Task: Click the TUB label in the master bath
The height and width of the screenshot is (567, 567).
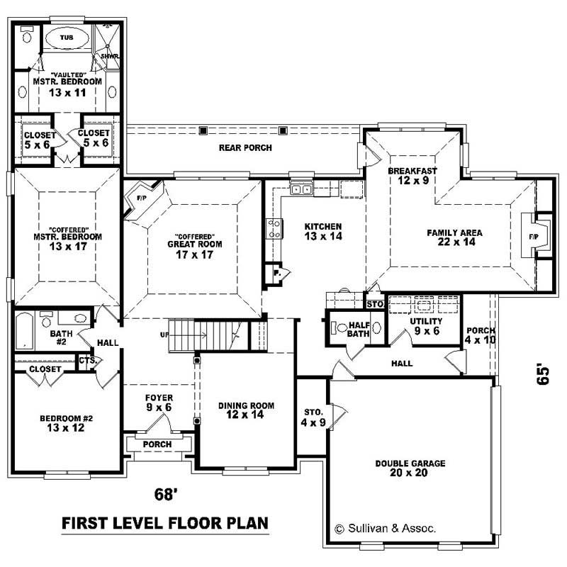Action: tap(65, 37)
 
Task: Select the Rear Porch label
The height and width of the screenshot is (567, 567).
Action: tap(245, 147)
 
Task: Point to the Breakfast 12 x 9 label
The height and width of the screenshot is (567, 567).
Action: tap(412, 176)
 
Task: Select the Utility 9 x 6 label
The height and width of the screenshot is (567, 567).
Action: tap(425, 326)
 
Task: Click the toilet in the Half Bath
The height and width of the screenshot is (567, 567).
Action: tap(339, 327)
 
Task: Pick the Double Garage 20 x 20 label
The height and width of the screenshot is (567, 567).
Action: tap(410, 468)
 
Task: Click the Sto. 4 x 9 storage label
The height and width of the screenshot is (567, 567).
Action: tap(313, 417)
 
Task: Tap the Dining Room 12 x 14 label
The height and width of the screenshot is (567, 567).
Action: tap(246, 410)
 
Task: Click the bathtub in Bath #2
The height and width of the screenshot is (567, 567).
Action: tap(26, 332)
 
